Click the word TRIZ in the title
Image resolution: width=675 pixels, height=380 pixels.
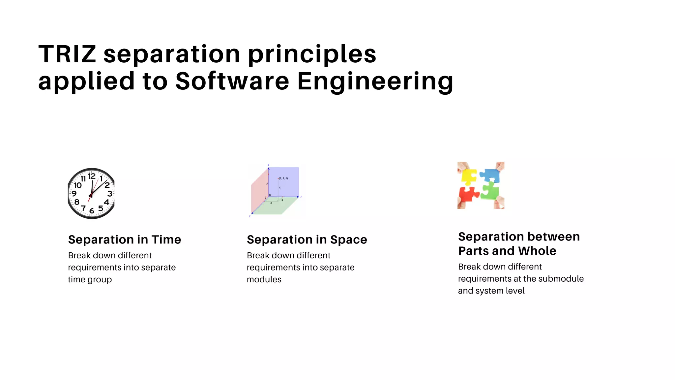(x=67, y=54)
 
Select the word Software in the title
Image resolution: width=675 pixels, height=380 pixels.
(x=232, y=81)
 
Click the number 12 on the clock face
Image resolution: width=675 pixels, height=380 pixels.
(x=92, y=177)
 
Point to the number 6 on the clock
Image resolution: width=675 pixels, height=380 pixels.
(x=92, y=210)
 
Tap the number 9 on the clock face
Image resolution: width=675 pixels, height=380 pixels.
(x=74, y=194)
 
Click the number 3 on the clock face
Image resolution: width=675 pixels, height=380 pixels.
(x=109, y=194)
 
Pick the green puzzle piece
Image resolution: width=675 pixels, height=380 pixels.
(x=490, y=192)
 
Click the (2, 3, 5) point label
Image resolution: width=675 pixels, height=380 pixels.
(x=283, y=178)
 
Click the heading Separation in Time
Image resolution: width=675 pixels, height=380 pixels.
(x=125, y=239)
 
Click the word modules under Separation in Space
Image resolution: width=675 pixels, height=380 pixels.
(x=264, y=280)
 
